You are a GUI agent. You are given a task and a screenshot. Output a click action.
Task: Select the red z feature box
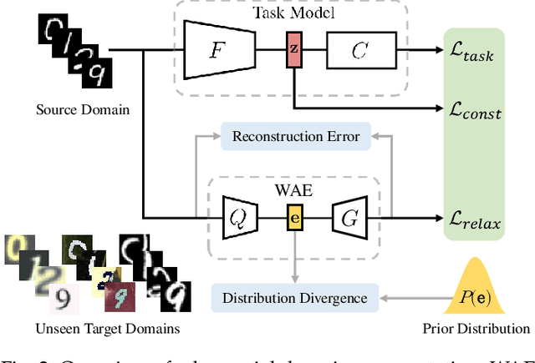coord(293,49)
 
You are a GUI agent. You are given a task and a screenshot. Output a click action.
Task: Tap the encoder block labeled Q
coord(238,219)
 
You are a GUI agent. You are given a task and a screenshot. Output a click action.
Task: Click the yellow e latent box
coord(293,219)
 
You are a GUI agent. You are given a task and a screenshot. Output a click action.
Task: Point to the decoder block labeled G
coord(349,219)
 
